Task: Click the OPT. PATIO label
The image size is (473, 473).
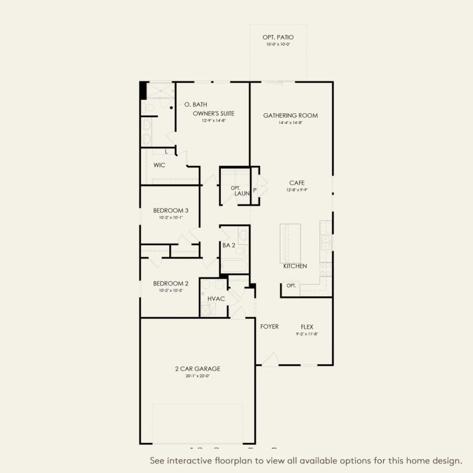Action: click(x=278, y=37)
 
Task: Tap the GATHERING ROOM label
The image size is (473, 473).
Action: click(x=290, y=116)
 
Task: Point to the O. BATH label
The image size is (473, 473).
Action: click(x=196, y=104)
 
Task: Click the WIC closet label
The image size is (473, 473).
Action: click(x=159, y=165)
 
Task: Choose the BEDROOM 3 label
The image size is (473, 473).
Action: click(x=171, y=210)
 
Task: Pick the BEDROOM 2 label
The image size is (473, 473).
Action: click(x=171, y=283)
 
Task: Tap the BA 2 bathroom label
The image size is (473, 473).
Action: click(x=229, y=245)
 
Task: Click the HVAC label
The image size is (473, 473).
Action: click(x=216, y=298)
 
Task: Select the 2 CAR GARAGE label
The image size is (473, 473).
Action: click(x=197, y=369)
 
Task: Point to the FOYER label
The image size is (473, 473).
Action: click(x=269, y=326)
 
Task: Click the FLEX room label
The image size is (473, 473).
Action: click(x=307, y=327)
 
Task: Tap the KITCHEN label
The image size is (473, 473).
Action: click(x=295, y=266)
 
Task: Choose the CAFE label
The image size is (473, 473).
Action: click(x=297, y=183)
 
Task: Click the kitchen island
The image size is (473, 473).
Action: click(x=290, y=243)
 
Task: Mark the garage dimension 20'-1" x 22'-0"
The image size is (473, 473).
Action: click(x=197, y=376)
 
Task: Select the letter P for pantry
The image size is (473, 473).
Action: click(x=255, y=190)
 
